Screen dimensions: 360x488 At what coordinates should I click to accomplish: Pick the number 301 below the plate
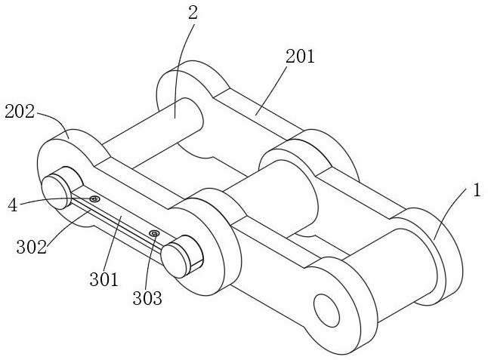tap(103, 279)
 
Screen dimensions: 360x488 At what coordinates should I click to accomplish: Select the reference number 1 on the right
tap(476, 190)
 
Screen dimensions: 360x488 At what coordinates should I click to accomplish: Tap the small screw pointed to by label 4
tap(95, 198)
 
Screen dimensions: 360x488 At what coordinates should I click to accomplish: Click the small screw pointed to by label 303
tap(153, 234)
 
